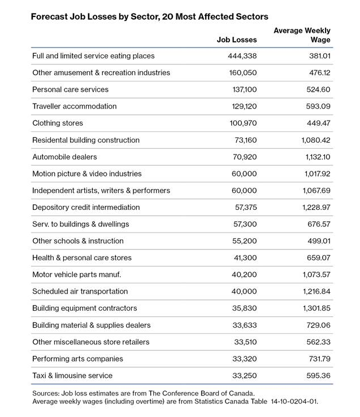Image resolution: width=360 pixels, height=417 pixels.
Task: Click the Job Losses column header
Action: click(x=237, y=40)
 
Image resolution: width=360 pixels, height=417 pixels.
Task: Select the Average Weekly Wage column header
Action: click(x=302, y=35)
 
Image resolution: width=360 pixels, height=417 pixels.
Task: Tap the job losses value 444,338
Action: click(x=241, y=56)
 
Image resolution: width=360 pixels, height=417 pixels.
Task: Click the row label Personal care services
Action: click(x=70, y=89)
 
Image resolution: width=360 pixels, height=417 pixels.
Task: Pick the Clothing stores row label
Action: click(x=58, y=123)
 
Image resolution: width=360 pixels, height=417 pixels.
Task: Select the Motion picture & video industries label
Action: click(x=87, y=174)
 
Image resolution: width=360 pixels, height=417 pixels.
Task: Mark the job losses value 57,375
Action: click(x=245, y=207)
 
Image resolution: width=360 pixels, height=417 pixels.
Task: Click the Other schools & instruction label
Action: click(x=78, y=241)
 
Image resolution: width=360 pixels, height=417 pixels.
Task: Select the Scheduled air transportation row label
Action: click(x=80, y=291)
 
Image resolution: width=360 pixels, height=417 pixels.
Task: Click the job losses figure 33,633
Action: click(x=245, y=325)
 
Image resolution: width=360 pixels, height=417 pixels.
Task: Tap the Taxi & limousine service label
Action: click(x=72, y=376)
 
